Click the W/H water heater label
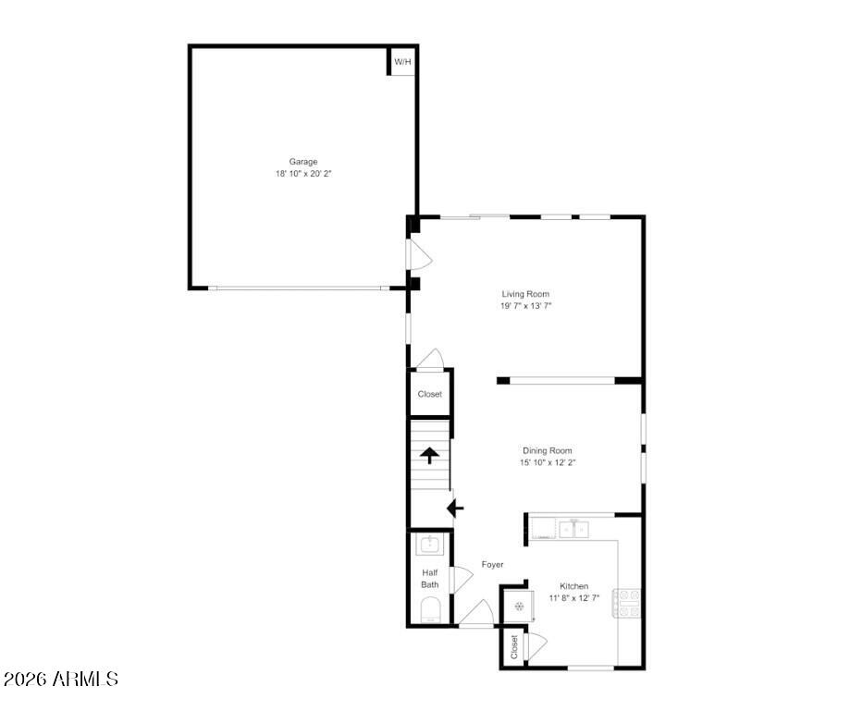402,62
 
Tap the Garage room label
303,162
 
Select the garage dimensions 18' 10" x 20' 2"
303,174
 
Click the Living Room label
525,294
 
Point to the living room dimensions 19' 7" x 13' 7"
525,306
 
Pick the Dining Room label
547,450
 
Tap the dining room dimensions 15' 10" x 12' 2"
548,463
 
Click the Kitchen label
574,586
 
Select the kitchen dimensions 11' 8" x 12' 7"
574,598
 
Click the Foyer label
493,564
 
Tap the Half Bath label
430,579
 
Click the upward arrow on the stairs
429,456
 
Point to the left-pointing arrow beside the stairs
455,509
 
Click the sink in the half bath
429,545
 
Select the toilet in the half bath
430,611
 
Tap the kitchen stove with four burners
627,603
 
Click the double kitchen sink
574,530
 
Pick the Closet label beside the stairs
430,394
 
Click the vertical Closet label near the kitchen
514,647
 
